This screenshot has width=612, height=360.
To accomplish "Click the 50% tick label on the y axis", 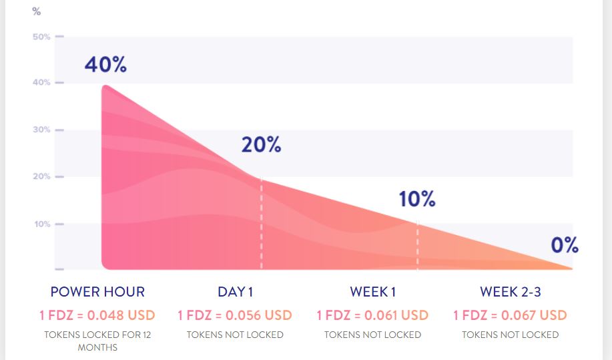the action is coord(41,37).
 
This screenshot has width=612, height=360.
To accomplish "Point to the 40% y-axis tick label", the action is coord(41,82).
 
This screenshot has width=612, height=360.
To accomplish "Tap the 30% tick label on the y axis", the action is coord(41,130).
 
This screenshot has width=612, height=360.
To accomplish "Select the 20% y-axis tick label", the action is coord(41,176).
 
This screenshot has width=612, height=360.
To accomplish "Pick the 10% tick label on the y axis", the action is coord(42,224).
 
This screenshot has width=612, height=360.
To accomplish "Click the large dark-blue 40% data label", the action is coord(105,64).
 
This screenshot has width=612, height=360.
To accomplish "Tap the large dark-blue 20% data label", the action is coord(261,144).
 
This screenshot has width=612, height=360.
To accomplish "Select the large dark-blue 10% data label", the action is coord(417,199).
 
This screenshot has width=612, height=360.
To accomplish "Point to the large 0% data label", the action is coord(565,245).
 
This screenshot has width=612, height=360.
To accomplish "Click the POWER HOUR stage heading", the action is coord(97,292).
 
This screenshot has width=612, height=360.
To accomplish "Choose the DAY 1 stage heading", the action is coord(236,292).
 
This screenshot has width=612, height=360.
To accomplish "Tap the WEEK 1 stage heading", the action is coord(373,292).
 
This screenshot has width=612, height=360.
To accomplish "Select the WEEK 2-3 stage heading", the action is coord(511,292).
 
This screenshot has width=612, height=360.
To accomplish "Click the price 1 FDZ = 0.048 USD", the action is coord(97,315).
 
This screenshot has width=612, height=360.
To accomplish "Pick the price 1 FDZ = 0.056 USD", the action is coord(235,315).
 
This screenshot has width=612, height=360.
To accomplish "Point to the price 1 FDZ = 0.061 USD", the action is coord(373,315).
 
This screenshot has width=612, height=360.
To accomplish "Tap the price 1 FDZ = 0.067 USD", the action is coord(510,315).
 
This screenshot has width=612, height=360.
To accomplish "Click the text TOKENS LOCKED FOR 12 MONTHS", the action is coord(97,341).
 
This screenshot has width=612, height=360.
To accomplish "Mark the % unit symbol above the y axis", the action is coord(37,12).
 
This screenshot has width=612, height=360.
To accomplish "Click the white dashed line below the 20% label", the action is coord(262,223).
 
